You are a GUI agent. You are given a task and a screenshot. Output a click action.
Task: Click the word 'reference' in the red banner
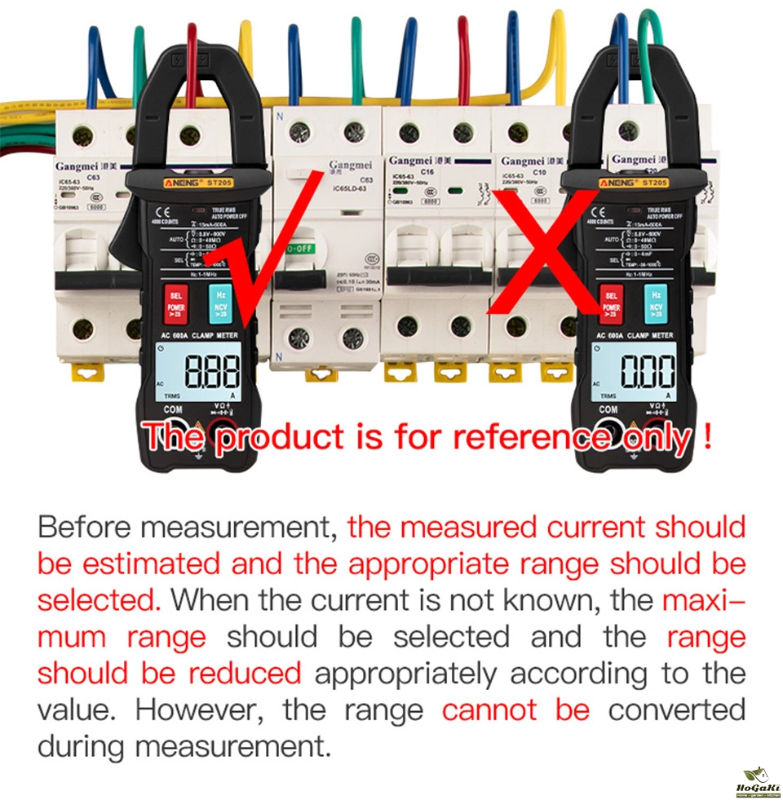pos(524,437)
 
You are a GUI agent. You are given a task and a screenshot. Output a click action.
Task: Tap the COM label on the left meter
pos(174,409)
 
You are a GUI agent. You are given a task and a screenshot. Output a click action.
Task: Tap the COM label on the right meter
pos(608,409)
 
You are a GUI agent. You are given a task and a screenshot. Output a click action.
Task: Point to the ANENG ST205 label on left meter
pos(201,183)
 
